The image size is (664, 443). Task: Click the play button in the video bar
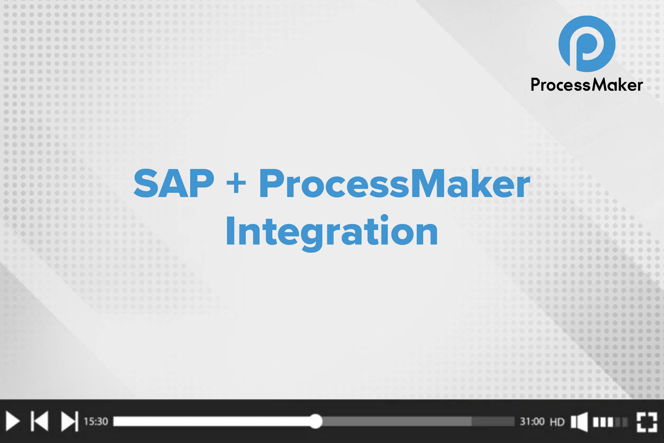click(12, 421)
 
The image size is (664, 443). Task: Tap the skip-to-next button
click(69, 421)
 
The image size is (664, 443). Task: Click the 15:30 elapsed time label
click(96, 421)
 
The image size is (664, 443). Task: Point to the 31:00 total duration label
click(532, 421)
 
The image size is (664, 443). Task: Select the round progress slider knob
click(315, 421)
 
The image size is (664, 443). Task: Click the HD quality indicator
click(557, 422)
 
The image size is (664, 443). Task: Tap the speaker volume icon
click(579, 422)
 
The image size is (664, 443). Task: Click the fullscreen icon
click(647, 422)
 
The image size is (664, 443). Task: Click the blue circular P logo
click(587, 44)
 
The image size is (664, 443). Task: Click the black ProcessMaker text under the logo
click(586, 85)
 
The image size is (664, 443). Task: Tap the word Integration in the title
click(332, 231)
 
